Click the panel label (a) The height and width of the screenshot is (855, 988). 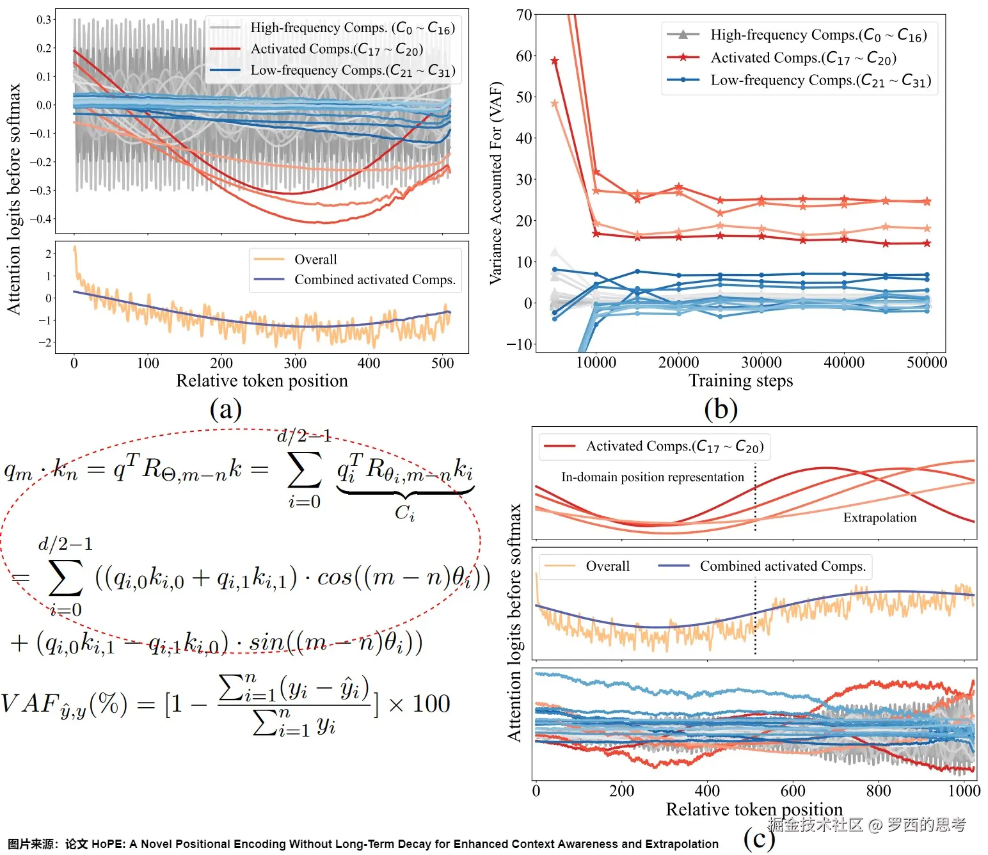[x=225, y=409]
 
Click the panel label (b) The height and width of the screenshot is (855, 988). [x=721, y=409]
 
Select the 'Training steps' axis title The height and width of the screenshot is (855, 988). [x=740, y=381]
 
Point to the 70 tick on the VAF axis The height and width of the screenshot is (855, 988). [x=524, y=15]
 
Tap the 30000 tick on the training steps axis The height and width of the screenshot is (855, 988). [x=761, y=362]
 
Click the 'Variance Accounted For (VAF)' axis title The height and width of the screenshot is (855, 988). [x=496, y=183]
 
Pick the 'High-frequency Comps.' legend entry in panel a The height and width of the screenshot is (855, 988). [x=352, y=28]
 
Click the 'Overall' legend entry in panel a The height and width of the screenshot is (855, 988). [x=315, y=259]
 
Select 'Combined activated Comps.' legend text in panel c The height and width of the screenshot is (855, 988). [x=782, y=566]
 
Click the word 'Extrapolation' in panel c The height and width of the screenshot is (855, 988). [x=879, y=517]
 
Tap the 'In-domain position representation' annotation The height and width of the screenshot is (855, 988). [x=652, y=477]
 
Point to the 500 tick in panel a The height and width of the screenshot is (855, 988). [x=443, y=363]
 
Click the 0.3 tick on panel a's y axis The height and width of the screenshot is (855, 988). [x=44, y=20]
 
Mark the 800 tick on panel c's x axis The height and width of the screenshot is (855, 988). [x=878, y=791]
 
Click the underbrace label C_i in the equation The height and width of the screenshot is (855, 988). [x=404, y=513]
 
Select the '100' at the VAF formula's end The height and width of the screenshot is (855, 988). [x=431, y=704]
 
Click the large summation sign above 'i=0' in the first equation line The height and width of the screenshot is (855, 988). [x=305, y=470]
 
